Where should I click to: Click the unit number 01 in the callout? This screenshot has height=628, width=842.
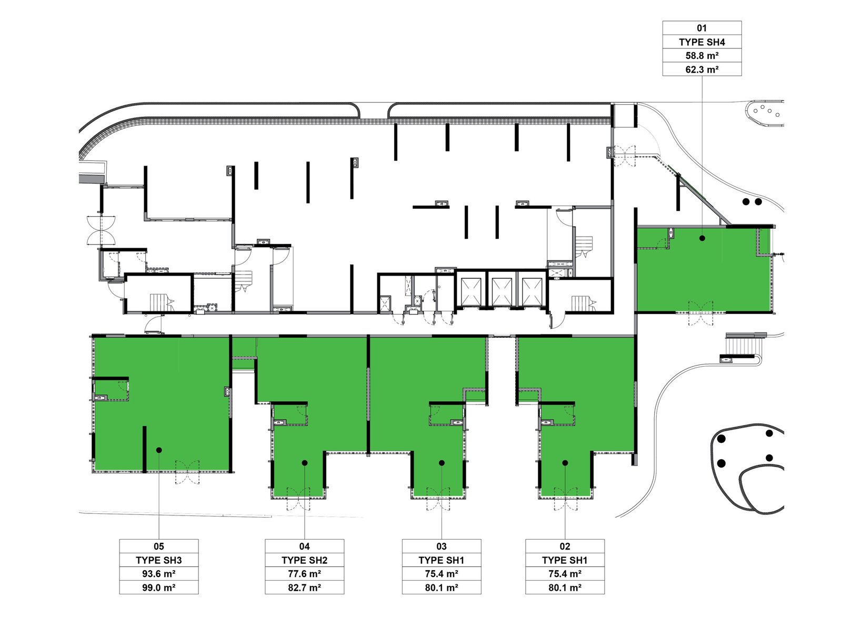[701, 28]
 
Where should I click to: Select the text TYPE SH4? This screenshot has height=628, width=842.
[701, 42]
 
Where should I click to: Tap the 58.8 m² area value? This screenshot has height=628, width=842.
[701, 56]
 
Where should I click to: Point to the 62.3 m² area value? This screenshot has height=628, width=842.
[701, 69]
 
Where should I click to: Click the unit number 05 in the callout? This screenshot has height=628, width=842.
[158, 546]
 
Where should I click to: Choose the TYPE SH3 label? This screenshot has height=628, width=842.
[158, 560]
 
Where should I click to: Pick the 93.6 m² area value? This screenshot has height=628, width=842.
[158, 573]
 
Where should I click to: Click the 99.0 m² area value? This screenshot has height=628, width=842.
[158, 588]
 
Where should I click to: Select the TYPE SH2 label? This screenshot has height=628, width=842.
[304, 560]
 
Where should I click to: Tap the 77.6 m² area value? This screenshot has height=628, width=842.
[304, 573]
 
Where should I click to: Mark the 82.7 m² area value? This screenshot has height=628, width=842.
[304, 588]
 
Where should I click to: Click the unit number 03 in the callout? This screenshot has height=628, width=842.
[441, 546]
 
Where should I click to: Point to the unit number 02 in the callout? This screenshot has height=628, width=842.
[565, 546]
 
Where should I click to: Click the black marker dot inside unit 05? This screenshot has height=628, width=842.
[159, 450]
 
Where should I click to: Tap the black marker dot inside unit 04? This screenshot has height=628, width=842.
[305, 463]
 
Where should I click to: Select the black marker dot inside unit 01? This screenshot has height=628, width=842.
[702, 238]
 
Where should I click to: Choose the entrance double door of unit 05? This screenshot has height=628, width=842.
[187, 472]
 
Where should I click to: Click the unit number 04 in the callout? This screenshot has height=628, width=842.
[304, 546]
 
